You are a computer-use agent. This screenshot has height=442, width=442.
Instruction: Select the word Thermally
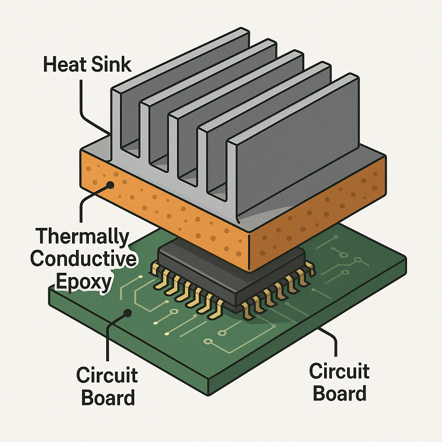pos(82,237)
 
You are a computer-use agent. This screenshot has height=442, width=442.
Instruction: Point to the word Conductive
pos(83,259)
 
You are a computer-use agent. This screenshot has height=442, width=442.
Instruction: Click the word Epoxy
pos(84,282)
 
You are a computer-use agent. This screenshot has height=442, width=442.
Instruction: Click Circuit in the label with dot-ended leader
pos(107,376)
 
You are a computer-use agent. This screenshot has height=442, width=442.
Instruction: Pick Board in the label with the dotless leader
pos(340,393)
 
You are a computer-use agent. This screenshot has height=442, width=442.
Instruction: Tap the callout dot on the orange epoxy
pos(110,185)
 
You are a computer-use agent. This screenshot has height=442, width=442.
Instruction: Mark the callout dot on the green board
pos(128,313)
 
